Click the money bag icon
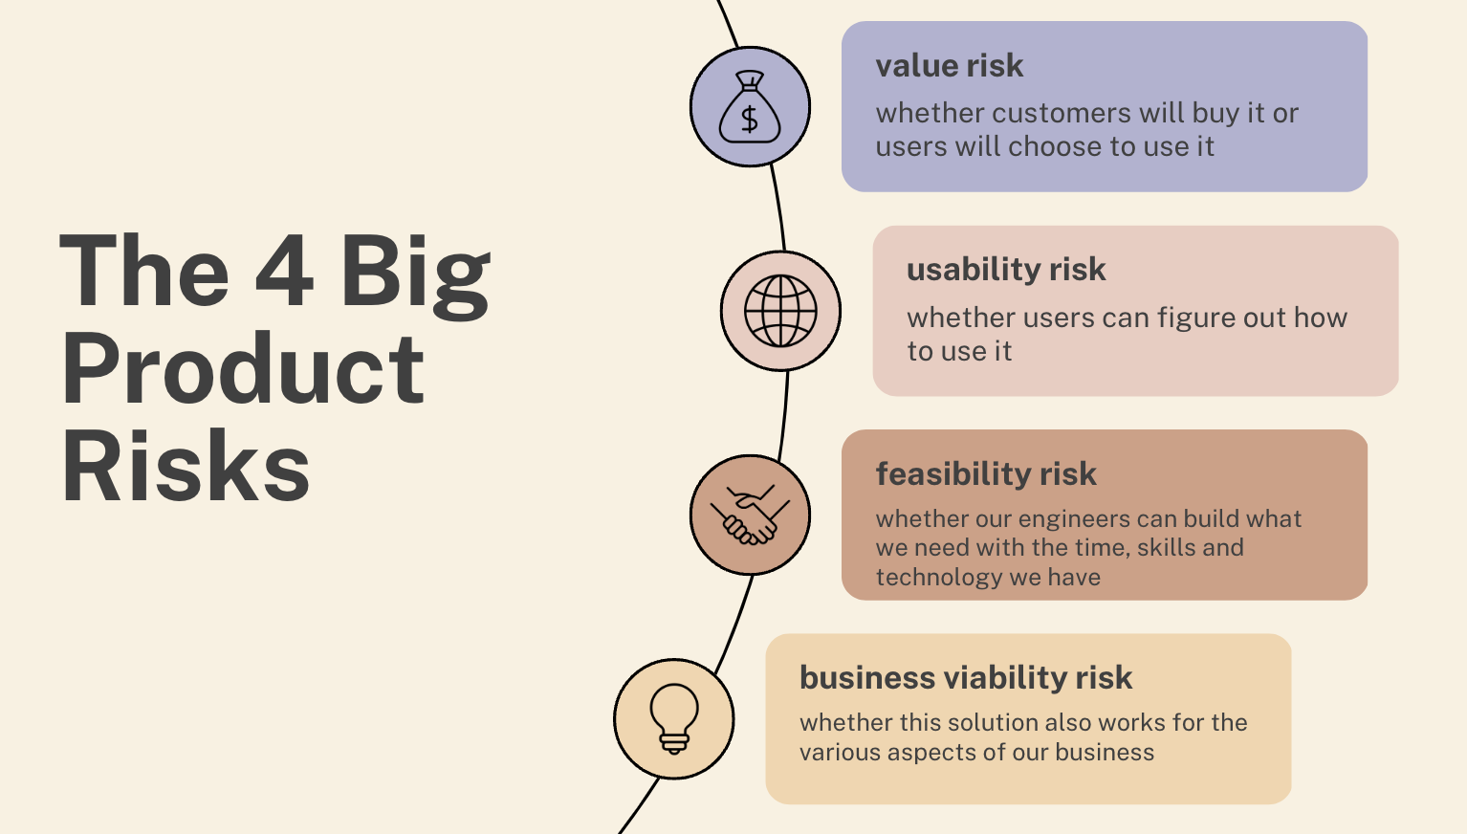[x=750, y=106]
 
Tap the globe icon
[x=780, y=311]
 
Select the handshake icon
[x=750, y=515]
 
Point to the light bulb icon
[x=674, y=718]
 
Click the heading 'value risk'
[x=949, y=66]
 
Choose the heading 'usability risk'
[x=1006, y=270]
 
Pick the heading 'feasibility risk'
[x=986, y=473]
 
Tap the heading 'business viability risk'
[x=966, y=678]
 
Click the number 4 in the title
[x=284, y=272]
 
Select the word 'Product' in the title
[x=243, y=369]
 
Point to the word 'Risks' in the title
[x=186, y=467]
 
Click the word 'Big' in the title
[x=415, y=274]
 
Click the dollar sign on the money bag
[x=750, y=120]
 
